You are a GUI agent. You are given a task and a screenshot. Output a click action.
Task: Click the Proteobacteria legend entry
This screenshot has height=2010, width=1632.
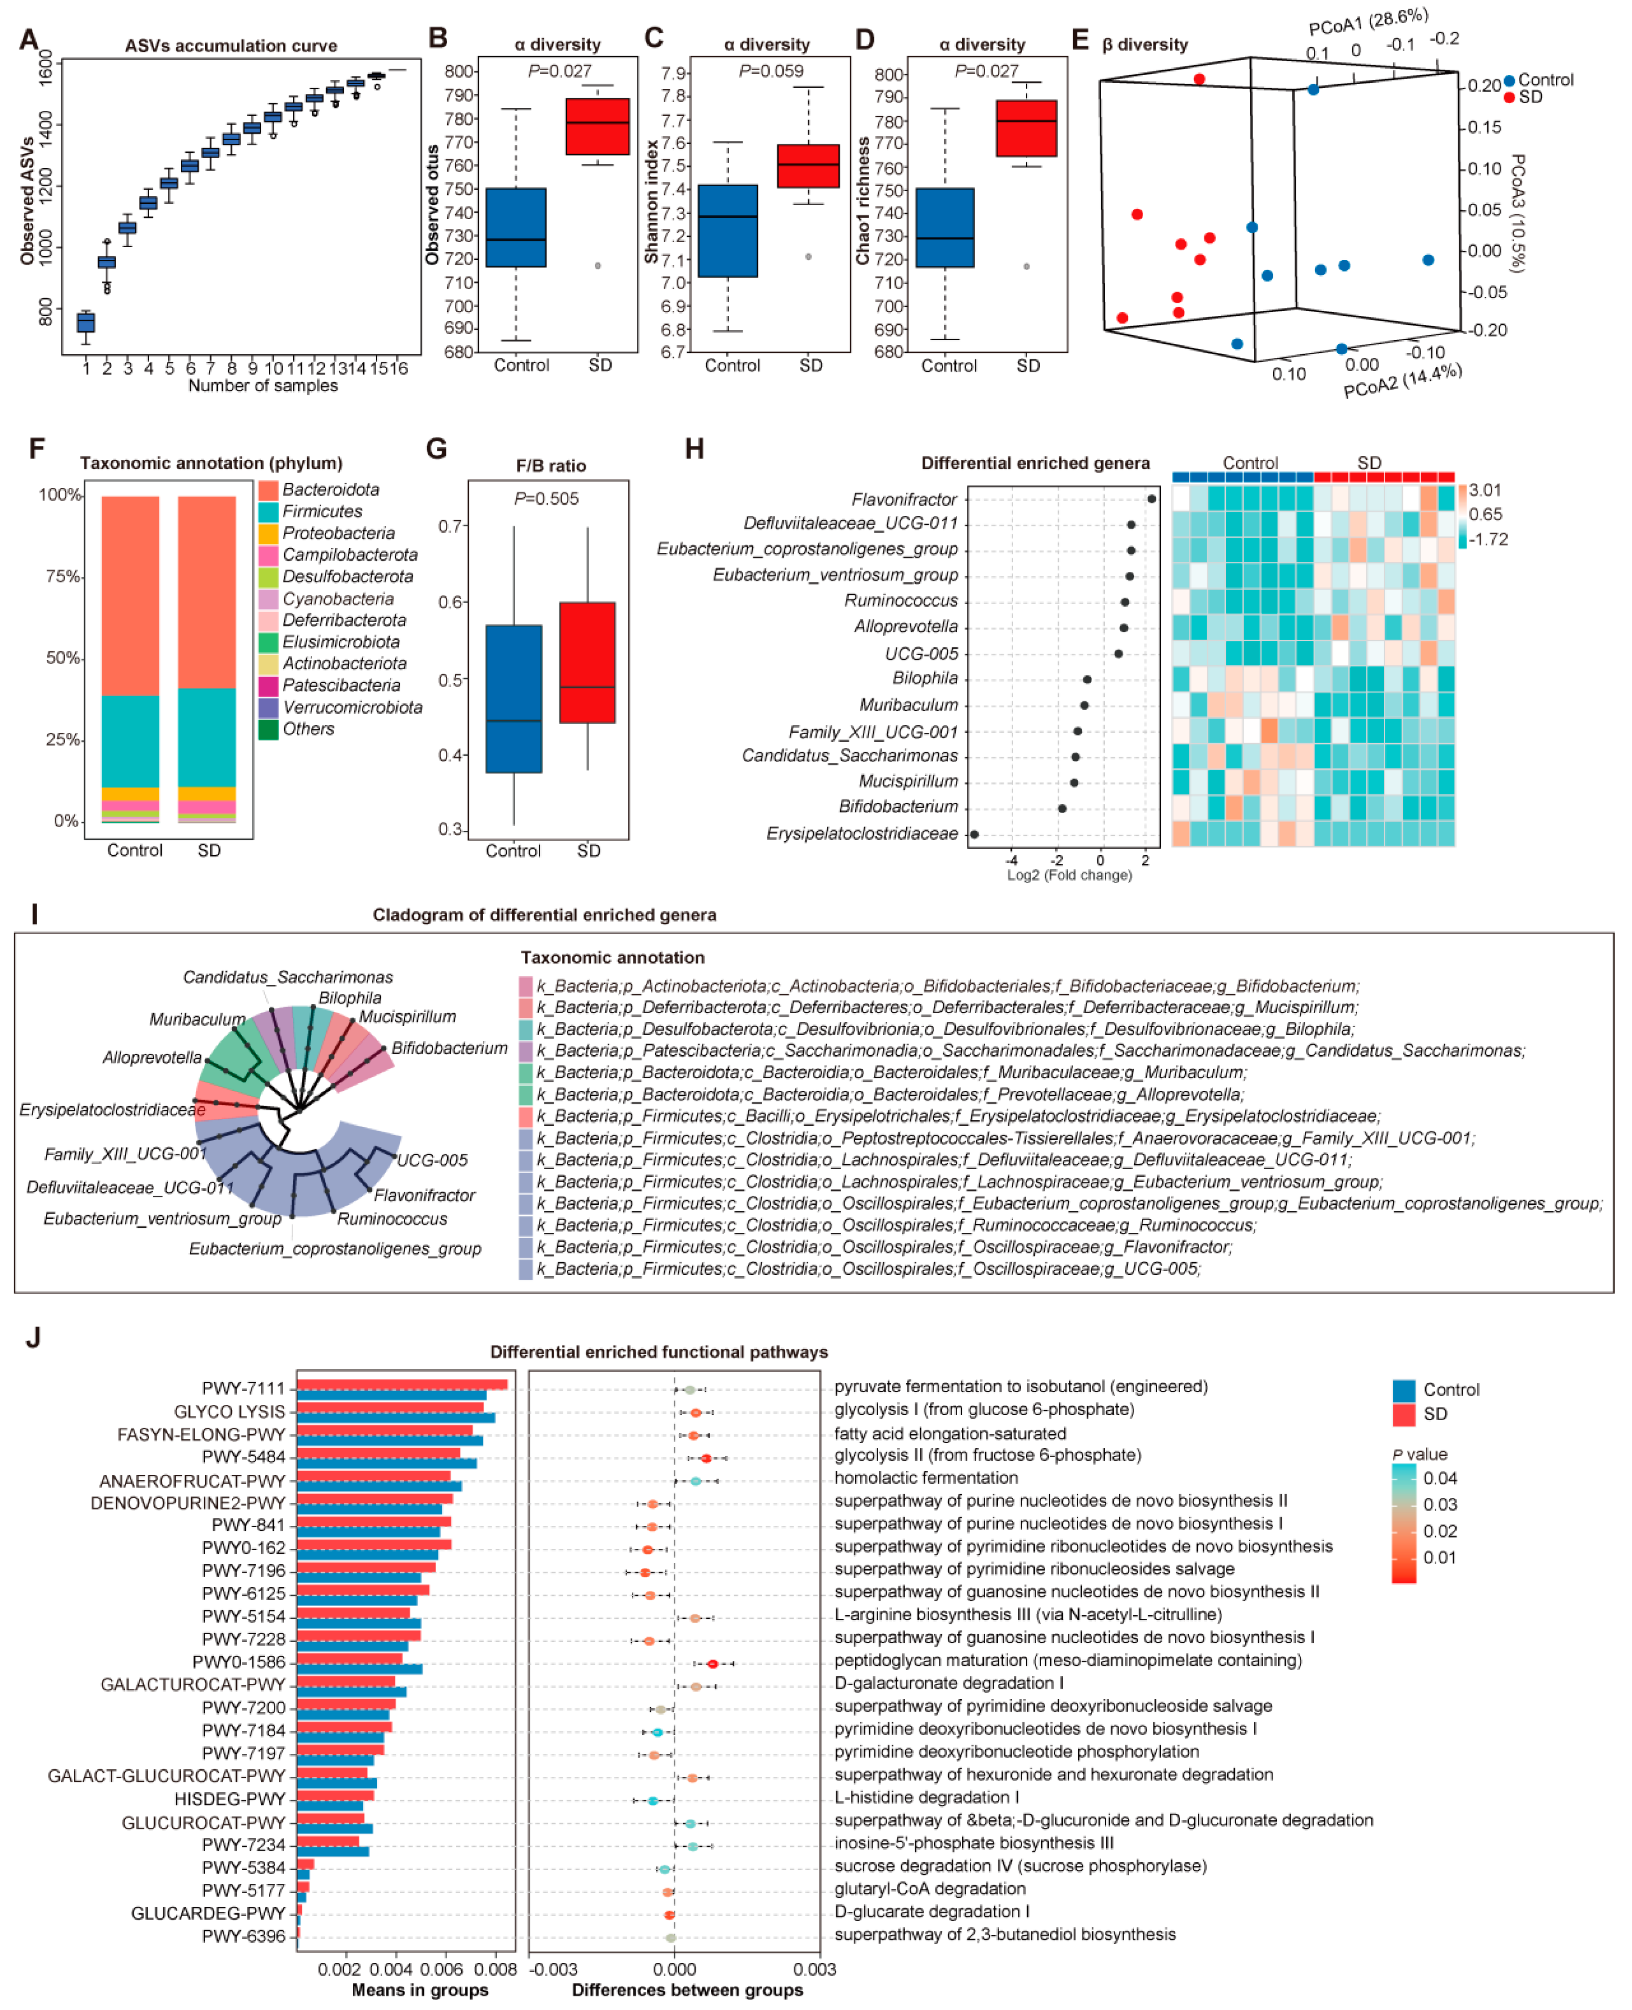click(338, 533)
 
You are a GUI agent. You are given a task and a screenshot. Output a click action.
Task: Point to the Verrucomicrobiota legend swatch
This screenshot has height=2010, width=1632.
click(268, 707)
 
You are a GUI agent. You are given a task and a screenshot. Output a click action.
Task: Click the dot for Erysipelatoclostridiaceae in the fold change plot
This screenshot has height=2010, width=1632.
click(974, 834)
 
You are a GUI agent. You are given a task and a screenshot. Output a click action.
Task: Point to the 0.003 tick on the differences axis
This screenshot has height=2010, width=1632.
click(814, 1968)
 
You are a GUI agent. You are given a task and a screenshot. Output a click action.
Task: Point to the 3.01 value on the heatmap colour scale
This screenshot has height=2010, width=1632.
click(1484, 490)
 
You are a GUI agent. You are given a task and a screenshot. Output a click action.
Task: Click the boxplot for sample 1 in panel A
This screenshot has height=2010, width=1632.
click(86, 322)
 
